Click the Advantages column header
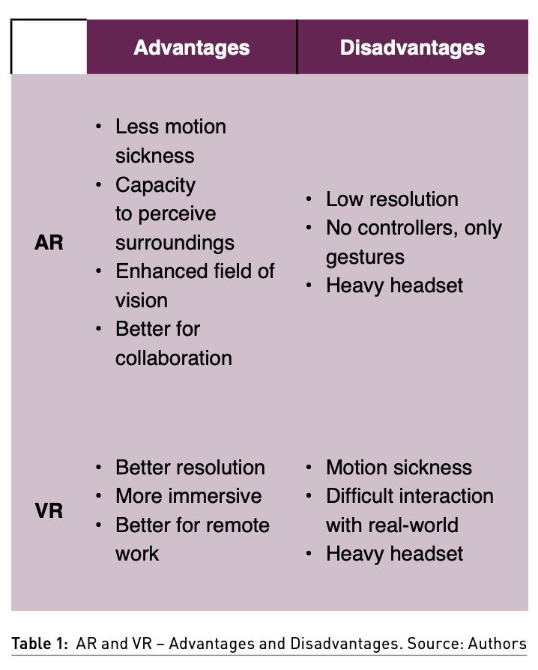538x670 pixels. pyautogui.click(x=191, y=48)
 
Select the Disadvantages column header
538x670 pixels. pyautogui.click(x=412, y=48)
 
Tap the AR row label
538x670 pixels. pyautogui.click(x=49, y=243)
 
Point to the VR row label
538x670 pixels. pyautogui.click(x=49, y=511)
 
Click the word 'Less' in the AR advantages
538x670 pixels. pyautogui.click(x=139, y=127)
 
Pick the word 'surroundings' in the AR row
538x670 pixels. pyautogui.click(x=175, y=243)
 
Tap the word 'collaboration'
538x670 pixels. pyautogui.click(x=173, y=358)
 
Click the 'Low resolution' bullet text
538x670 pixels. pyautogui.click(x=392, y=199)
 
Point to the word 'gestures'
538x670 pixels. pyautogui.click(x=365, y=257)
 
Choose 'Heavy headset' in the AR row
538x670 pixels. pyautogui.click(x=394, y=286)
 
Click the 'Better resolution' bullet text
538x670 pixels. pyautogui.click(x=190, y=468)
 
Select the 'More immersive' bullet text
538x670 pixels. pyautogui.click(x=188, y=496)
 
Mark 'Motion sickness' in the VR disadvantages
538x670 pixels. pyautogui.click(x=399, y=468)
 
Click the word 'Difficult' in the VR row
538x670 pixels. pyautogui.click(x=362, y=496)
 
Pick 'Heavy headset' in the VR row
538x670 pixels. pyautogui.click(x=394, y=554)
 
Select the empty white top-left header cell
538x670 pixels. pyautogui.click(x=49, y=46)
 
